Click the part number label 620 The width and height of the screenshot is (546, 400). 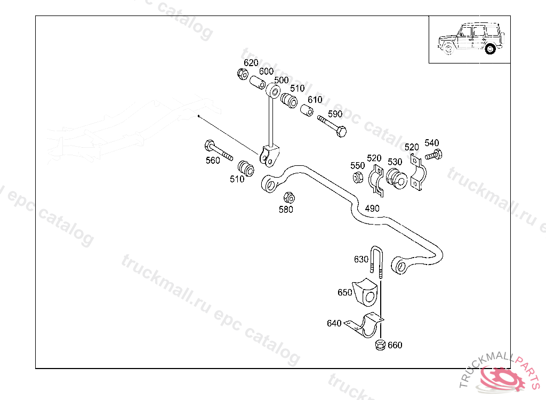pyautogui.click(x=251, y=63)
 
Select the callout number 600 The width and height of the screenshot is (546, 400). pyautogui.click(x=266, y=71)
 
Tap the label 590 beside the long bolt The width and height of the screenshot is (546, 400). pyautogui.click(x=335, y=114)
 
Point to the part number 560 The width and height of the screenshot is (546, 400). pyautogui.click(x=213, y=161)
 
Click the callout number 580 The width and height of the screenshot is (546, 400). pyautogui.click(x=286, y=210)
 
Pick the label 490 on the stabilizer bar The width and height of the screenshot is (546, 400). pyautogui.click(x=372, y=208)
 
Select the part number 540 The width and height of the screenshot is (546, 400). pyautogui.click(x=432, y=143)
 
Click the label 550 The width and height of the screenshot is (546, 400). pyautogui.click(x=358, y=166)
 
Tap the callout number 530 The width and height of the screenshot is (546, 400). pyautogui.click(x=395, y=162)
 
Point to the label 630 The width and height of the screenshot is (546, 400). pyautogui.click(x=361, y=259)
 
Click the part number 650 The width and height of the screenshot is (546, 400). pyautogui.click(x=345, y=292)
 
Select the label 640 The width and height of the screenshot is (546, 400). pyautogui.click(x=334, y=323)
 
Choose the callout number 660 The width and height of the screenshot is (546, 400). pyautogui.click(x=395, y=345)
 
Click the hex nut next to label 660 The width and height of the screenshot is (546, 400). pyautogui.click(x=380, y=345)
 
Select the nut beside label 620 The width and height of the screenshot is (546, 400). pyautogui.click(x=242, y=74)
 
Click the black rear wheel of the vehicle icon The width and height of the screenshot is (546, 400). pyautogui.click(x=490, y=49)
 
